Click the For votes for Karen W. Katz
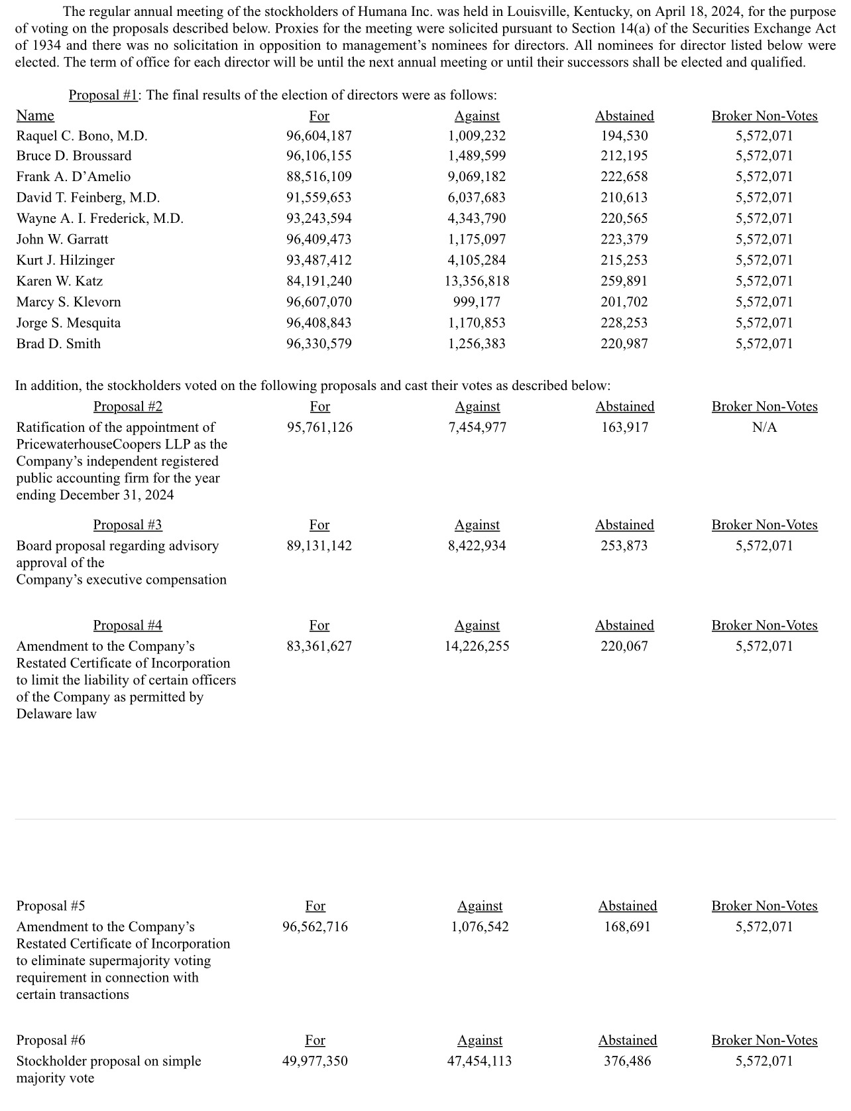319,281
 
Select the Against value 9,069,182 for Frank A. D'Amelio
477,177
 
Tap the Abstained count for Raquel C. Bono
624,136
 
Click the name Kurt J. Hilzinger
65,260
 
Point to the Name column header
35,115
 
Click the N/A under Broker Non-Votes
764,427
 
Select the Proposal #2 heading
127,407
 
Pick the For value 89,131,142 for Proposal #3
319,546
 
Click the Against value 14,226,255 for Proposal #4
477,646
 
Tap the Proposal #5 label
50,906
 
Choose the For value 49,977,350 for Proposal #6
315,1061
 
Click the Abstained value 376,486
627,1061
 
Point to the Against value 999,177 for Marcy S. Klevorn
477,302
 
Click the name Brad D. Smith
58,344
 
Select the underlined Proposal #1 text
103,95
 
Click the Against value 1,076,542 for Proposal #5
480,927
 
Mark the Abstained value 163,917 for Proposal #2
624,427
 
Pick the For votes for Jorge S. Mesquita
319,323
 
